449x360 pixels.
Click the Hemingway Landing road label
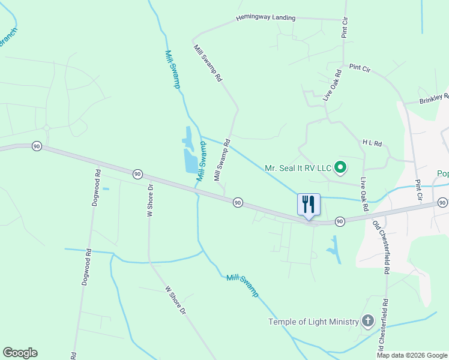pos(266,18)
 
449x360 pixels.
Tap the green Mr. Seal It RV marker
pos(340,168)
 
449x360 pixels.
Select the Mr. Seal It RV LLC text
pos(298,168)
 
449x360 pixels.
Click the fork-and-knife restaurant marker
pos(309,204)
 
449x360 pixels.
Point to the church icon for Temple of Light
pos(368,322)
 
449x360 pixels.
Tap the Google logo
pos(20,353)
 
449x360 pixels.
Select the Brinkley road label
pos(434,98)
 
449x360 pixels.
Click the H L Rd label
pos(372,142)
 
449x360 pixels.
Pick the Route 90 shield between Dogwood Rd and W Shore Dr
pos(137,174)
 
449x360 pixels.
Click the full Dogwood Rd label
pos(95,188)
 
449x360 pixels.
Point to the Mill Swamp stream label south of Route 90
pos(243,286)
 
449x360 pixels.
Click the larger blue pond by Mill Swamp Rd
pos(191,161)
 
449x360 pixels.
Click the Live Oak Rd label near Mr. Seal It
pos(364,194)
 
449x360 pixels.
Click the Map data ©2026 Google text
pos(412,355)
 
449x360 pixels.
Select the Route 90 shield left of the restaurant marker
pos(238,203)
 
